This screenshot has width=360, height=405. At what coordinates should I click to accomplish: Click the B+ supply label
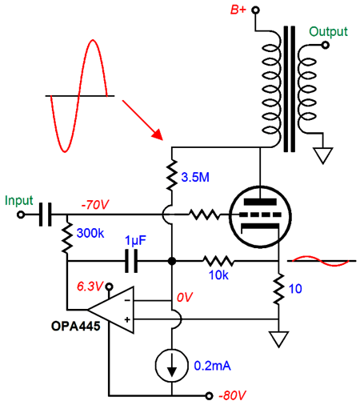[238, 10]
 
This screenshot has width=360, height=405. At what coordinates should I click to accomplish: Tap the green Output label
[328, 32]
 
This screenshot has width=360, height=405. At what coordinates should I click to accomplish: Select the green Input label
[19, 201]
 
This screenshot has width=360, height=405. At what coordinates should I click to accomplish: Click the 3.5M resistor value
[195, 177]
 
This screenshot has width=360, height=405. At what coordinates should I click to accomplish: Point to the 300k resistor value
[90, 233]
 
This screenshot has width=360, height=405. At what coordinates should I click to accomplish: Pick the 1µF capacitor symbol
[131, 261]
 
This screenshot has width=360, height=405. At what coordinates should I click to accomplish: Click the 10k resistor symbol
[218, 261]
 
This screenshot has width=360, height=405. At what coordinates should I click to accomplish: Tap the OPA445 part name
[76, 326]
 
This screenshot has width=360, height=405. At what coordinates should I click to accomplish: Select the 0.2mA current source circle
[171, 366]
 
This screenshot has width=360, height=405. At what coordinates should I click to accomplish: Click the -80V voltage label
[232, 395]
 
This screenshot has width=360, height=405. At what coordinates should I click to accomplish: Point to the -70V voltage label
[95, 205]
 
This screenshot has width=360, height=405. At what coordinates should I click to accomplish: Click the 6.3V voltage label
[90, 287]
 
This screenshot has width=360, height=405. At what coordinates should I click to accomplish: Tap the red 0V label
[185, 297]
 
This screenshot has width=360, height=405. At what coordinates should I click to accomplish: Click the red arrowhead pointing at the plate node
[157, 134]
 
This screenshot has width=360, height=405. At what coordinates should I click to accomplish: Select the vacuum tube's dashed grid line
[260, 215]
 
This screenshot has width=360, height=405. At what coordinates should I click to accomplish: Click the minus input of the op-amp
[127, 301]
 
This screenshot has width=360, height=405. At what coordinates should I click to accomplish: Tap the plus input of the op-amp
[127, 319]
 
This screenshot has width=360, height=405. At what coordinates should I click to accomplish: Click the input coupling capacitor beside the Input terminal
[46, 215]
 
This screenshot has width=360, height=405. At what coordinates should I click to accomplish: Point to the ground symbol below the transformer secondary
[323, 156]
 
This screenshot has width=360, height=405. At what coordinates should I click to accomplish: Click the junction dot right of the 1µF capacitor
[172, 261]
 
